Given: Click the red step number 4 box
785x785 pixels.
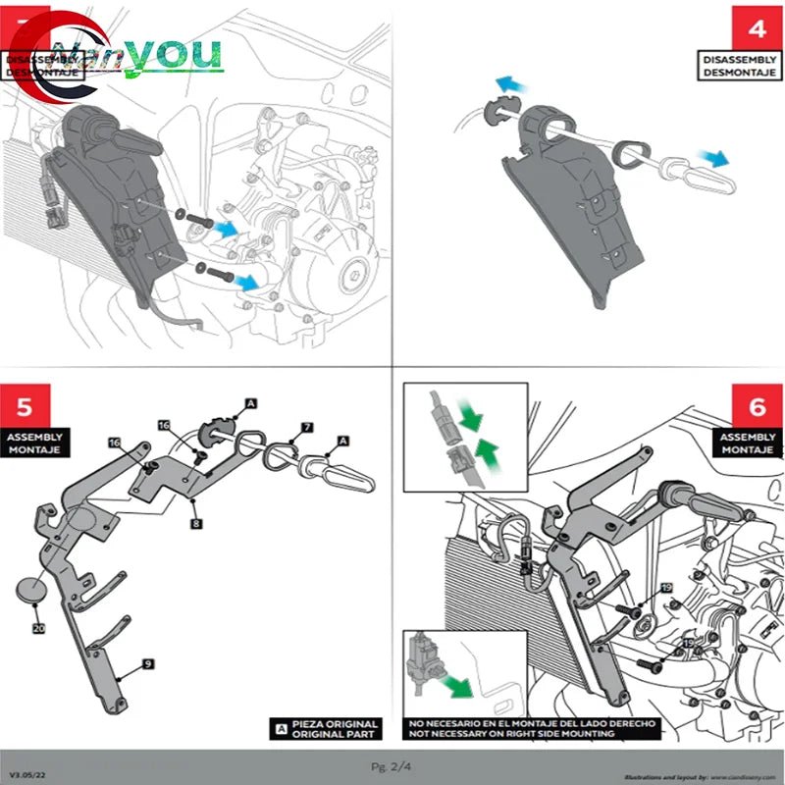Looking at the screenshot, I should coord(757,27).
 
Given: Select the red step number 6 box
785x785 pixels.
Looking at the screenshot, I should coord(757,405).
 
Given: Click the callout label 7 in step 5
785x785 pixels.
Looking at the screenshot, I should coord(307,428).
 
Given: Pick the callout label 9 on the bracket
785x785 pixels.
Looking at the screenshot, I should coord(146,664).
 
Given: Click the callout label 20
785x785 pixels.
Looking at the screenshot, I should coord(38,628).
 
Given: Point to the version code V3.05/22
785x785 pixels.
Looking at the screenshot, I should coord(26,774).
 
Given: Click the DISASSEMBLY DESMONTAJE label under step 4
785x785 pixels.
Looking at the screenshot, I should coord(739,66).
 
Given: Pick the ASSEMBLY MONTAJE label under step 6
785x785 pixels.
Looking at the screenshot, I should coord(748,443).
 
